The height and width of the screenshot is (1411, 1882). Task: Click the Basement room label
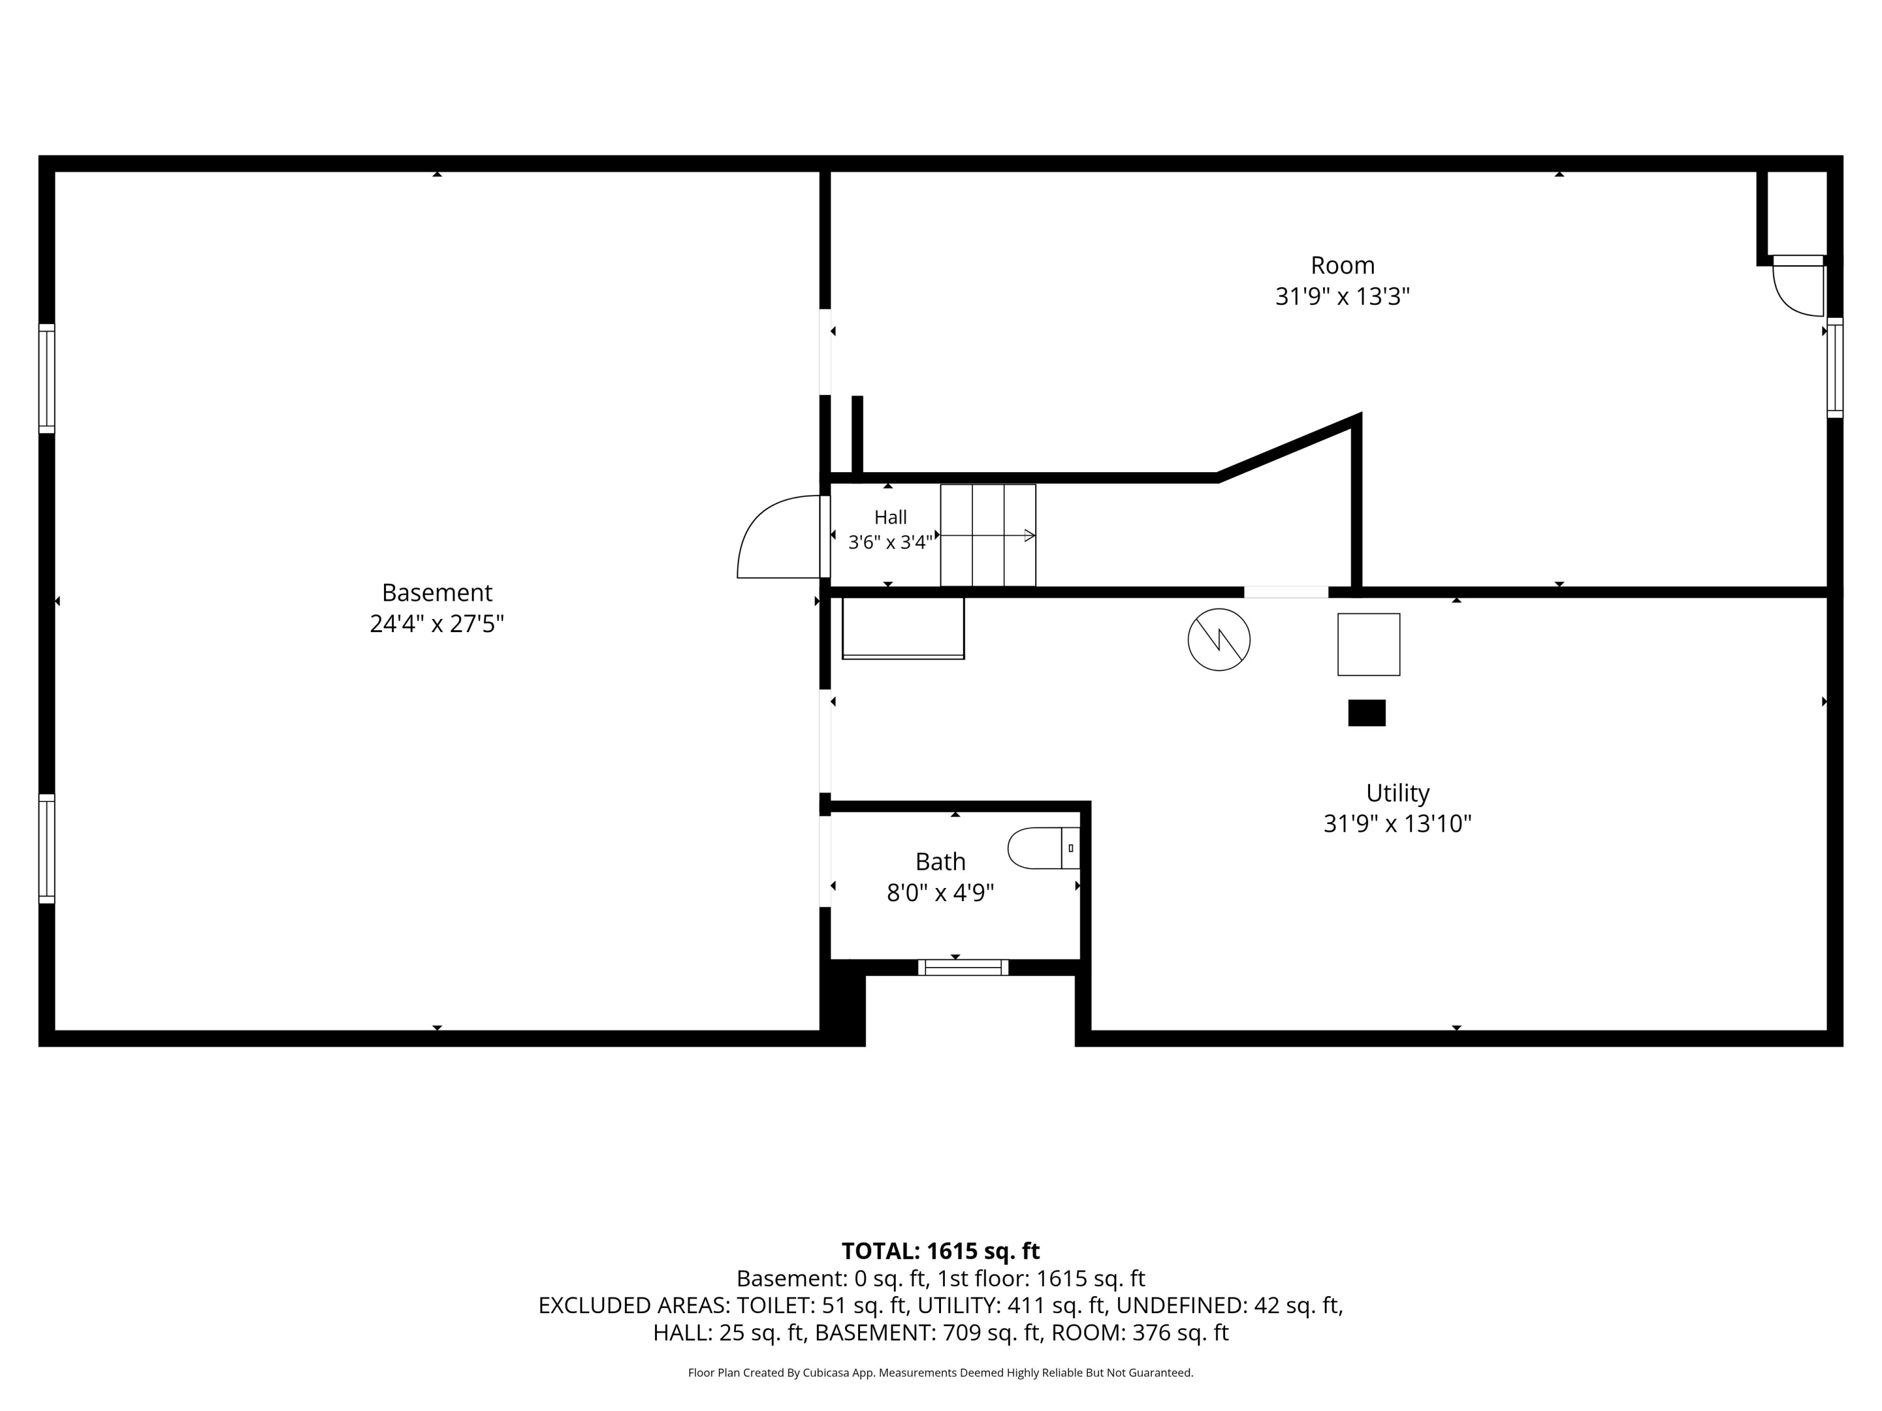tap(437, 592)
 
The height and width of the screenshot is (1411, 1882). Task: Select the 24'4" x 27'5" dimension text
tap(437, 623)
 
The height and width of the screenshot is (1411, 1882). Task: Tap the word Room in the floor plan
tap(1342, 265)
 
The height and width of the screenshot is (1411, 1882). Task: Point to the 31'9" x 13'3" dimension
tap(1342, 297)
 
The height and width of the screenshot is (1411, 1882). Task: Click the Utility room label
tap(1397, 793)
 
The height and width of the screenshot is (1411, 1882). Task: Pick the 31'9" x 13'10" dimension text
tap(1397, 823)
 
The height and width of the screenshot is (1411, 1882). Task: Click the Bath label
tap(940, 862)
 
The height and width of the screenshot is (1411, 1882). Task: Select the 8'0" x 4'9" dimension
tap(940, 892)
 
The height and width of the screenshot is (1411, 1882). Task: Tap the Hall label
tap(890, 517)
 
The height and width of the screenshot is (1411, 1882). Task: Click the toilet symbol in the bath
tap(1044, 848)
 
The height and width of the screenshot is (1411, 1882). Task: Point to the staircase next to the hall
tap(988, 535)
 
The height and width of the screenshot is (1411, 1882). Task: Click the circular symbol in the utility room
tap(1218, 640)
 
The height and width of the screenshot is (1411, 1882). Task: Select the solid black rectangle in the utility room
tap(1366, 713)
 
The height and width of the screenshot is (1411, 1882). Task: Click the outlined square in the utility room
tap(1368, 645)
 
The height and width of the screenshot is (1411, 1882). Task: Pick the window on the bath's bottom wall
tap(963, 967)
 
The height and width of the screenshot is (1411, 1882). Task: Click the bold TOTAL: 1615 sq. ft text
tap(940, 1251)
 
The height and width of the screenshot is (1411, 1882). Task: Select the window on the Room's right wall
tap(1835, 367)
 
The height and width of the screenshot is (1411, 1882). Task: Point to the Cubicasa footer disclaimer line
tap(940, 1373)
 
